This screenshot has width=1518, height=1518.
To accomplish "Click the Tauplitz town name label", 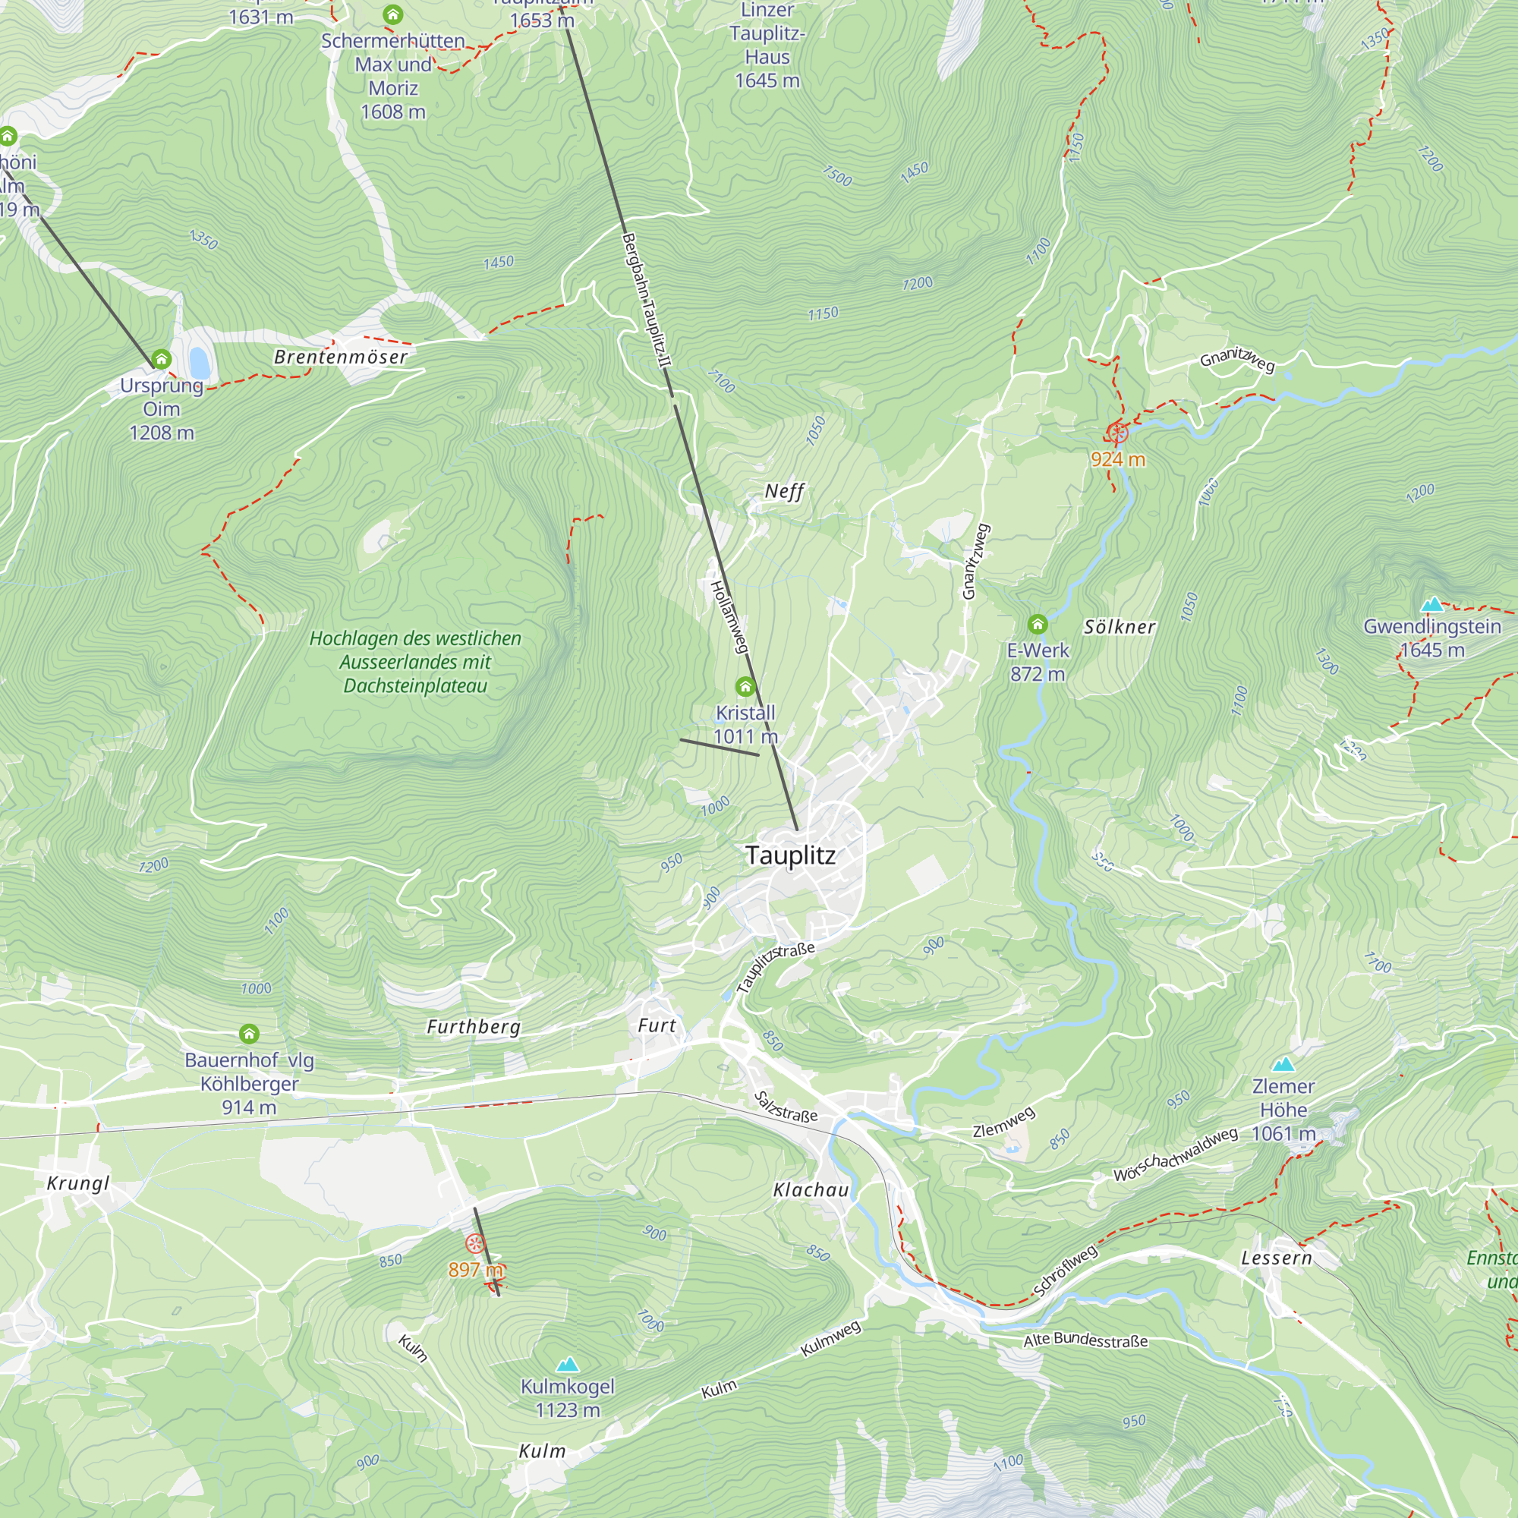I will pyautogui.click(x=789, y=855).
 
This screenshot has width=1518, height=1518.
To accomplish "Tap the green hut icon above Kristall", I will pyautogui.click(x=745, y=688).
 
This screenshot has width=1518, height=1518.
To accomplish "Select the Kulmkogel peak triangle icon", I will pyautogui.click(x=567, y=1364).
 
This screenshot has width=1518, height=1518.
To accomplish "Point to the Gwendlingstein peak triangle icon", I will pyautogui.click(x=1431, y=604).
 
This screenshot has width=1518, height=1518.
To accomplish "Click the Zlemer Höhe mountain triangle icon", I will pyautogui.click(x=1283, y=1065).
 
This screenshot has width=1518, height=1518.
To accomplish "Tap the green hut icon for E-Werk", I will pyautogui.click(x=1037, y=625).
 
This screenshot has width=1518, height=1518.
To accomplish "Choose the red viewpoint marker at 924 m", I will pyautogui.click(x=1116, y=432).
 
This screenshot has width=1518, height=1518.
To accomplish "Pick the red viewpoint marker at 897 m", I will pyautogui.click(x=474, y=1243).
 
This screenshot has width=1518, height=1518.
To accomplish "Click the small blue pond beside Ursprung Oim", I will pyautogui.click(x=200, y=363).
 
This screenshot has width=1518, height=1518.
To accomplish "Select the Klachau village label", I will pyautogui.click(x=811, y=1189).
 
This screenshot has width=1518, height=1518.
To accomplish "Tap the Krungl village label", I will pyautogui.click(x=77, y=1183).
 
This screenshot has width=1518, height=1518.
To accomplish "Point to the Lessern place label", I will pyautogui.click(x=1276, y=1258).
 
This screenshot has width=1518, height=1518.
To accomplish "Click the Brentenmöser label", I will pyautogui.click(x=340, y=357).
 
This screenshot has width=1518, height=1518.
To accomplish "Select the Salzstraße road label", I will pyautogui.click(x=786, y=1107).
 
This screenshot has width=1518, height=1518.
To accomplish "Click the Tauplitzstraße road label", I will pyautogui.click(x=776, y=967).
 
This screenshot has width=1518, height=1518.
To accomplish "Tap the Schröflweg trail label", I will pyautogui.click(x=1065, y=1271).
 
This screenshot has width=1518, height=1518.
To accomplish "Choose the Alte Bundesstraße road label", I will pyautogui.click(x=1085, y=1340).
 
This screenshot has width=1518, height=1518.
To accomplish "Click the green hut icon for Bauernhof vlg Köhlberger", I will pyautogui.click(x=249, y=1033).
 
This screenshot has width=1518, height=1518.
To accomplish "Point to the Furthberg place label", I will pyautogui.click(x=473, y=1027).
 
